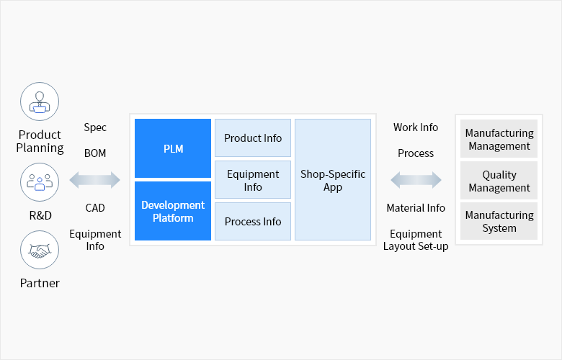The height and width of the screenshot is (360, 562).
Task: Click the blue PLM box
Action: [173, 148]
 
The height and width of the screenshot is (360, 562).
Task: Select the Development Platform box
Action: [173, 211]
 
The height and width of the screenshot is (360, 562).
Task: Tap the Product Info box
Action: [253, 138]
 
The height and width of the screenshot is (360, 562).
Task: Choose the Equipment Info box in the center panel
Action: [253, 180]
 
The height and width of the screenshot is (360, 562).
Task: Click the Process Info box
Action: [253, 222]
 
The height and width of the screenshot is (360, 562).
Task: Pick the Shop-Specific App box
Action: [333, 180]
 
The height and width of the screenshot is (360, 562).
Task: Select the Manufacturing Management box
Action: [499, 139]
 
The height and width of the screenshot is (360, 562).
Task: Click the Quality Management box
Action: [499, 181]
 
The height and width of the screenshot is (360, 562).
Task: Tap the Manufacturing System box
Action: [499, 222]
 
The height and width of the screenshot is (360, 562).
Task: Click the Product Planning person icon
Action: [40, 102]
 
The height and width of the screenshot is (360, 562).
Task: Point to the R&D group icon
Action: [40, 181]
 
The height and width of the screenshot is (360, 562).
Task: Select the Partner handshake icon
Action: [40, 250]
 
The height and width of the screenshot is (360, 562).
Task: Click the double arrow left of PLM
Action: [95, 180]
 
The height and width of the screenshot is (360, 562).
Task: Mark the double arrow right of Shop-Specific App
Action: [416, 180]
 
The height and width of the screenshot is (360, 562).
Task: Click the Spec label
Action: [95, 127]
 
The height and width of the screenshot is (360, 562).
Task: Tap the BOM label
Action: [95, 153]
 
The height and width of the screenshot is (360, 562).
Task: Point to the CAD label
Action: [95, 208]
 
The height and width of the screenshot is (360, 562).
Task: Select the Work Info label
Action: [416, 127]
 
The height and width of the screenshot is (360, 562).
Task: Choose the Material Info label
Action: [416, 208]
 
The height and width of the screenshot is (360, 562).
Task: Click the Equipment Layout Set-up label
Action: [416, 240]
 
